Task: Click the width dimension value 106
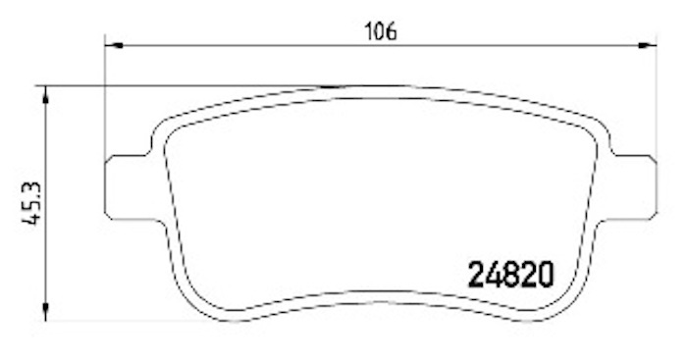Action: click(381, 31)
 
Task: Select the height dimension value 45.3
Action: click(32, 203)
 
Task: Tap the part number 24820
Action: click(511, 275)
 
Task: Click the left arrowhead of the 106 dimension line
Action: click(114, 45)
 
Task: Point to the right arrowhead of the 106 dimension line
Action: click(648, 45)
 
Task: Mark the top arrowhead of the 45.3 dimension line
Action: click(45, 94)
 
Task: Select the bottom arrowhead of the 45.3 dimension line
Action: click(45, 312)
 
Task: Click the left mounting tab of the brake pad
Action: click(128, 186)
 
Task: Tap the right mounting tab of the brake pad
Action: click(634, 186)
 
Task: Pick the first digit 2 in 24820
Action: click(476, 275)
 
